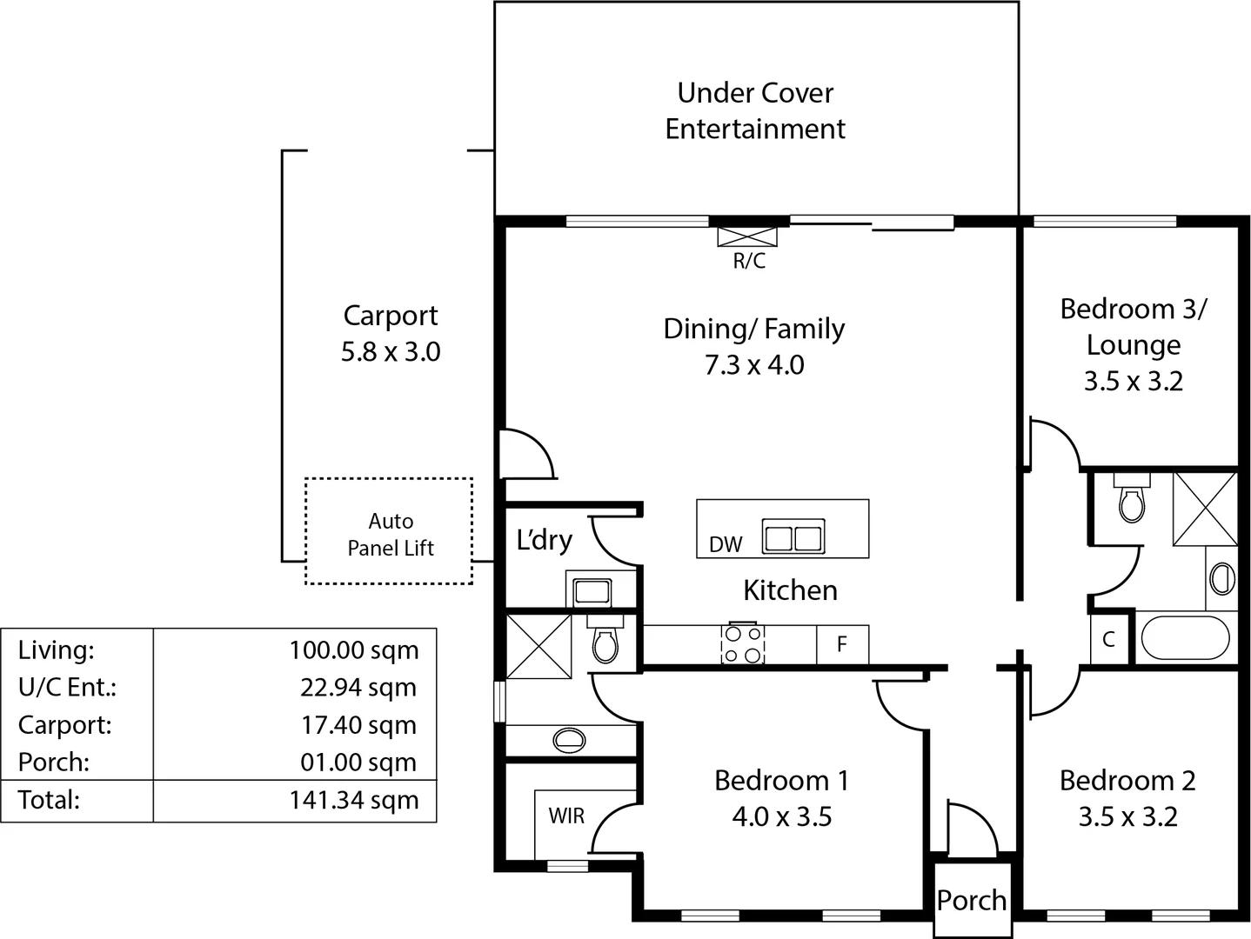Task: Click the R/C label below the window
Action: click(748, 261)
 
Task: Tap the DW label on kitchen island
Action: click(726, 544)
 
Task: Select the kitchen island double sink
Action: click(793, 537)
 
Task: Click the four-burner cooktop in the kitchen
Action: click(743, 644)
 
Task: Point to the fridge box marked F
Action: click(842, 644)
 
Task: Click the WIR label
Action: click(566, 816)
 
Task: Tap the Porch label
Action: click(972, 901)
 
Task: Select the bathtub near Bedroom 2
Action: click(1184, 638)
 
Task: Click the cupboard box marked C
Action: click(1108, 639)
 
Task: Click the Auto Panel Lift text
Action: click(390, 534)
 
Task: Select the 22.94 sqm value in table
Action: click(358, 687)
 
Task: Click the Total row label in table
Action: click(49, 800)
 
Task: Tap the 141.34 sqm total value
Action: click(354, 800)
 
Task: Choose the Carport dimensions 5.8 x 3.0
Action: click(391, 352)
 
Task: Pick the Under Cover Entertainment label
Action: click(755, 110)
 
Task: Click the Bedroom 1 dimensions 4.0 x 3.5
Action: click(781, 816)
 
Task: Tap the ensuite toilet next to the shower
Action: click(605, 643)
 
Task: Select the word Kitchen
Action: click(790, 590)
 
